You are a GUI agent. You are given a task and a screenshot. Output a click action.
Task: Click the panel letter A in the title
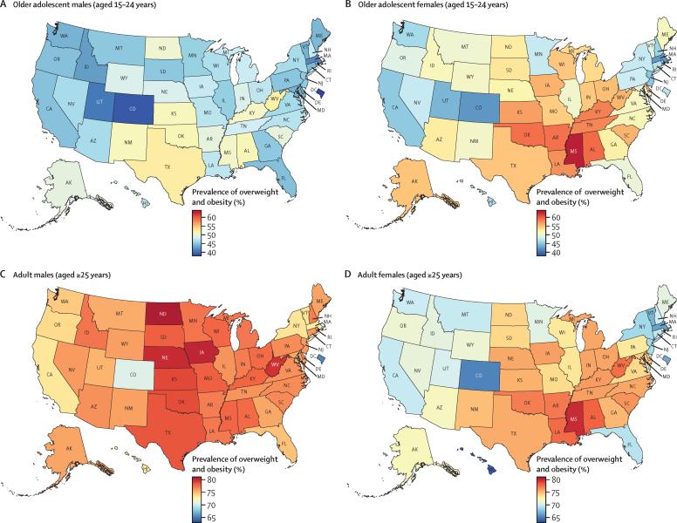[x=4, y=6]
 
